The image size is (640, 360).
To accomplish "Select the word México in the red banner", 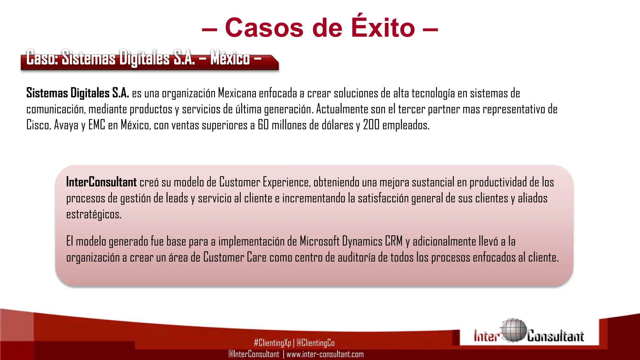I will tap(230, 58).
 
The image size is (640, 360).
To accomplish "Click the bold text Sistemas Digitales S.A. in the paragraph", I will tap(77, 93).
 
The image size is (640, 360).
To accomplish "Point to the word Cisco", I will tap(38, 125).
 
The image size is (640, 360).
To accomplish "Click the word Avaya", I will tap(66, 125).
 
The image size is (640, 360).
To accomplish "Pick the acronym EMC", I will tap(97, 125).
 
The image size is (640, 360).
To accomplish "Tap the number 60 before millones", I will tap(263, 125).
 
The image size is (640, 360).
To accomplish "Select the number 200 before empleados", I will tap(371, 125).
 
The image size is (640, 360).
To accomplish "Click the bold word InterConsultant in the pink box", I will tap(101, 182).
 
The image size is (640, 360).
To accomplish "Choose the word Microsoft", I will tap(319, 241).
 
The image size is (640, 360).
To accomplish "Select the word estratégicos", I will tap(94, 215).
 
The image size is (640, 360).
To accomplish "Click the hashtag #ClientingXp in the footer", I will tap(272, 343).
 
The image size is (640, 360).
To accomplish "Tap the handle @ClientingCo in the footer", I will tap(315, 343).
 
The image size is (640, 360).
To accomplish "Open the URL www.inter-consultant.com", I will tap(325, 354).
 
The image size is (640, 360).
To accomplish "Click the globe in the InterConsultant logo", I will tap(513, 330).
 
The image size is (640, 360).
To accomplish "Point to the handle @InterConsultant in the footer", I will tap(254, 354).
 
